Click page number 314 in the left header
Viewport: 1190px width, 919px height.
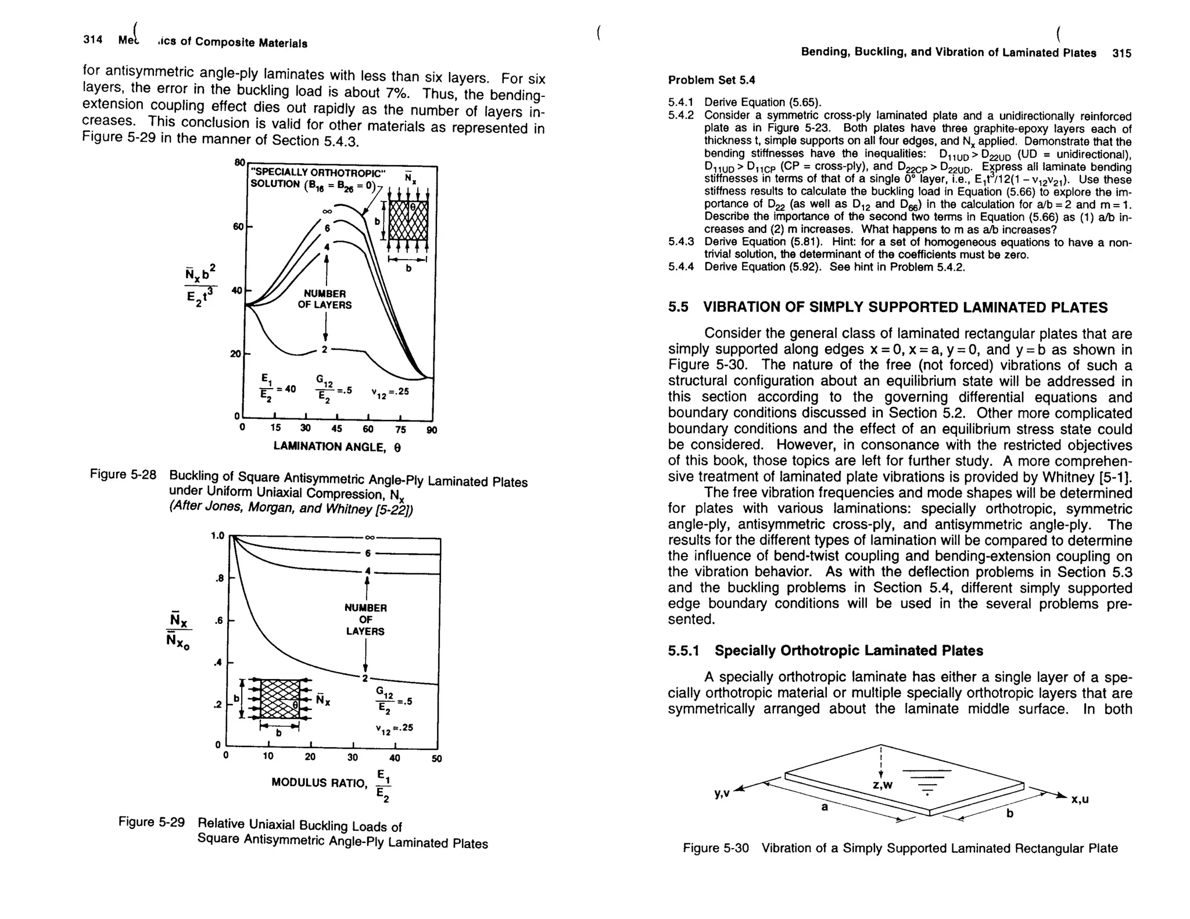[x=93, y=40]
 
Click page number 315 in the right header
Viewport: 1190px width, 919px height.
[x=1121, y=53]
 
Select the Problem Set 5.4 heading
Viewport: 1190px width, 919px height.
[x=711, y=80]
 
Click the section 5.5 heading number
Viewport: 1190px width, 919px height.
[x=678, y=307]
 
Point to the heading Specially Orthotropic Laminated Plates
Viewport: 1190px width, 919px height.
[x=848, y=651]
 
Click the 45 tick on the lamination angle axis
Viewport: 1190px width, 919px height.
[x=336, y=429]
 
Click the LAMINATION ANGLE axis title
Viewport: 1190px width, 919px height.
[x=337, y=447]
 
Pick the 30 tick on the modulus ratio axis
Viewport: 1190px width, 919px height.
[x=353, y=758]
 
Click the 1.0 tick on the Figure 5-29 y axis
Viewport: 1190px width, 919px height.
[x=217, y=535]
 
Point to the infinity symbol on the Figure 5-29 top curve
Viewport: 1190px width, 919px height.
[x=368, y=537]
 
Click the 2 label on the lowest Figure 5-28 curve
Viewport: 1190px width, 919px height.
[x=325, y=350]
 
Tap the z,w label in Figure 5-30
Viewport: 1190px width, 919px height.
[x=883, y=785]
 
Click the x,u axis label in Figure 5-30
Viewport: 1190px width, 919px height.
[x=1080, y=800]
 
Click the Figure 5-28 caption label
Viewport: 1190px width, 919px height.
[x=123, y=475]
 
